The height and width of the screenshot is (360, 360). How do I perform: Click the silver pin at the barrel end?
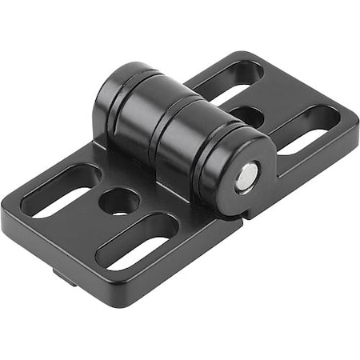pos(247,176)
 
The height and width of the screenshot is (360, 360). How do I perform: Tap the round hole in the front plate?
pos(119,200)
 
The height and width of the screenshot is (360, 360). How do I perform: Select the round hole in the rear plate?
pos(250,116)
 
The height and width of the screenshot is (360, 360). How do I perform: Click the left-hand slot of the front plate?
pos(60,192)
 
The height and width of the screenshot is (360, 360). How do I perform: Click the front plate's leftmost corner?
pos(5,212)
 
